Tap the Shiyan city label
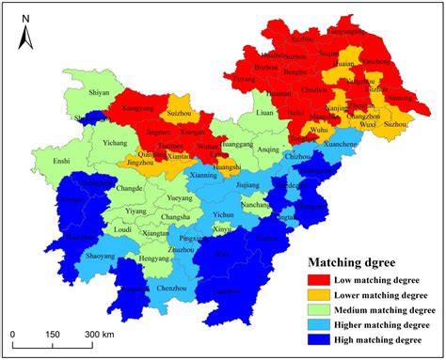pyautogui.click(x=99, y=93)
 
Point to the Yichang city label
pyautogui.click(x=114, y=143)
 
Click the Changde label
pyautogui.click(x=130, y=188)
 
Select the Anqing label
pyautogui.click(x=268, y=149)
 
